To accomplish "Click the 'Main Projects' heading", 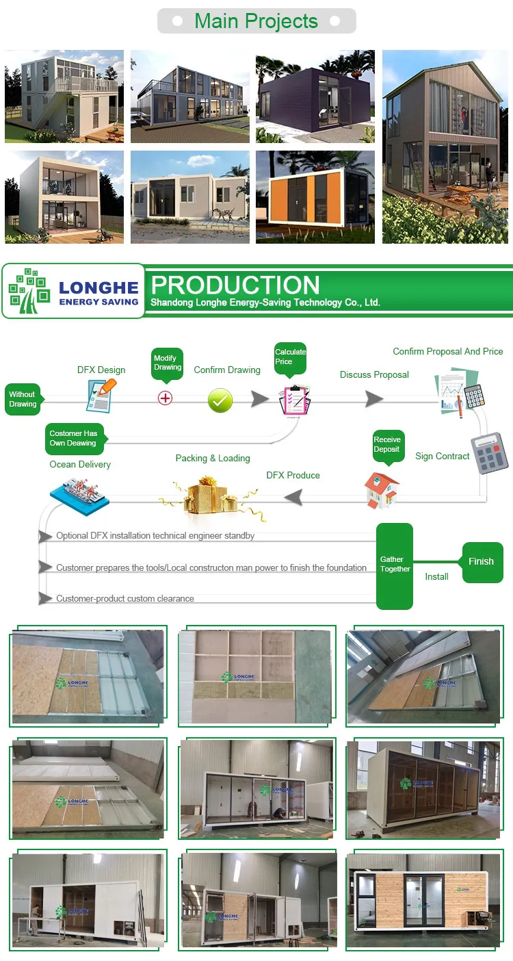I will click(x=256, y=21).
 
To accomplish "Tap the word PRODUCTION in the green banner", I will click(x=235, y=285).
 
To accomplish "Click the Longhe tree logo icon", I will click(x=29, y=291).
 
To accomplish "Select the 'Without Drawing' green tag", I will click(x=23, y=399).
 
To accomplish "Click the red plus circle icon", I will click(x=165, y=398).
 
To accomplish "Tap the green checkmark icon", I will click(x=220, y=400).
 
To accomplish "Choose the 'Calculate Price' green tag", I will click(x=290, y=357).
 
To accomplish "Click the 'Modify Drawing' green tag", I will click(x=168, y=363).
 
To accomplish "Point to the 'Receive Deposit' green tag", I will click(x=387, y=444).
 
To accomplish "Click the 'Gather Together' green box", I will click(x=395, y=565).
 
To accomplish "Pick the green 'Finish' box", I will click(x=481, y=561).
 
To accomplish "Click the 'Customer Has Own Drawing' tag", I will click(x=73, y=438).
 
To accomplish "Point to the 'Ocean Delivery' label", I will click(x=80, y=464).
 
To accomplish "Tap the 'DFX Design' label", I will click(x=101, y=370).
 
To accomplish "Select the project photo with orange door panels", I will click(x=315, y=196).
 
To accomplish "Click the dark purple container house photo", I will click(x=315, y=96).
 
